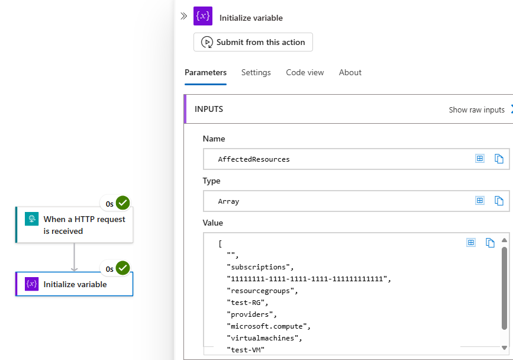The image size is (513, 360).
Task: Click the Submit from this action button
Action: (x=253, y=42)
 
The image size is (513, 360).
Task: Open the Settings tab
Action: (x=256, y=73)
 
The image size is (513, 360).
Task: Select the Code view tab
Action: (x=305, y=73)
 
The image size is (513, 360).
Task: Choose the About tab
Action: (x=350, y=73)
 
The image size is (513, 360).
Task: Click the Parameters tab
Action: (x=205, y=73)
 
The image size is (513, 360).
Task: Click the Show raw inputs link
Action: (x=477, y=110)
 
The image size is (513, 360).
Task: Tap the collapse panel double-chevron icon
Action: (x=184, y=16)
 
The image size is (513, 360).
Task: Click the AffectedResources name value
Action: (x=254, y=159)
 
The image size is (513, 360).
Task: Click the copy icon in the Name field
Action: (x=499, y=159)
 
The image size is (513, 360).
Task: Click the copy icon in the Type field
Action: (x=499, y=201)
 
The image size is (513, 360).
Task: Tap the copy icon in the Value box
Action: (x=490, y=243)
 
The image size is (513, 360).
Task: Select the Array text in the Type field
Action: (x=228, y=201)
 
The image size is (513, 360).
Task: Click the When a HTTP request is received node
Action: (x=75, y=225)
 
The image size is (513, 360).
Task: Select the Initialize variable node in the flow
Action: (x=75, y=284)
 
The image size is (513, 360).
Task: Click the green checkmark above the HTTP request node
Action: (x=123, y=203)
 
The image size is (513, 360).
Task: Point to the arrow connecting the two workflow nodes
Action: (x=75, y=257)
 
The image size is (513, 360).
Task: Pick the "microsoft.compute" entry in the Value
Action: (x=268, y=326)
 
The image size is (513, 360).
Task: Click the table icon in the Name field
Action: (x=480, y=159)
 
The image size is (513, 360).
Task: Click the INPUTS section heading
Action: (x=209, y=110)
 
